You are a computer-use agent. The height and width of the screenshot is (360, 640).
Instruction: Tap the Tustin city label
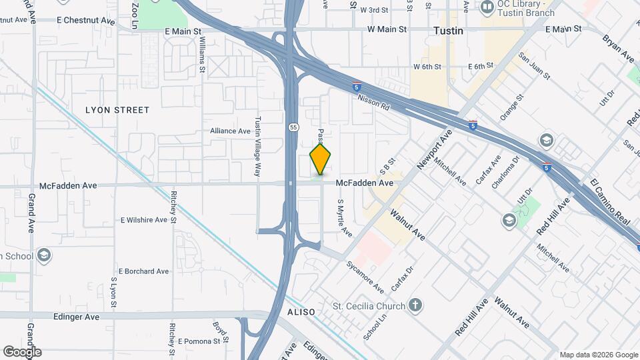[x=448, y=31]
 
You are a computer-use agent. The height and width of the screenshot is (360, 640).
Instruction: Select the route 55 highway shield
[x=293, y=127]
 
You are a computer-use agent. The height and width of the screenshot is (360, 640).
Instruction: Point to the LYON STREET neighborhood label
[x=117, y=109]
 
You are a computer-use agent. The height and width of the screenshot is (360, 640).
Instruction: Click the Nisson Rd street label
[x=373, y=102]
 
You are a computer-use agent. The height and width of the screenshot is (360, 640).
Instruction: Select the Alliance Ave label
[x=230, y=131]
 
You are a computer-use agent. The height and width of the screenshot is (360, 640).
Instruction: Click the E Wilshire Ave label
[x=144, y=220]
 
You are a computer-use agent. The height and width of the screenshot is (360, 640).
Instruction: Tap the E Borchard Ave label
[x=144, y=271]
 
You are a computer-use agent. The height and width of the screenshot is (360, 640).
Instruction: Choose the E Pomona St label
[x=199, y=341]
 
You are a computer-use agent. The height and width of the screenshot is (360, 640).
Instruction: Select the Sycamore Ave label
[x=365, y=277]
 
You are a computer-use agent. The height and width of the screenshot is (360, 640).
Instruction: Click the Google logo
[x=22, y=352]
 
